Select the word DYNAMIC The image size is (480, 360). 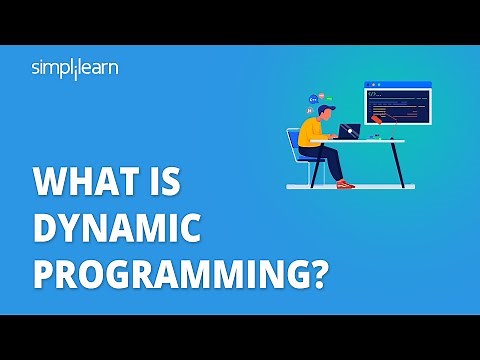tap(116, 231)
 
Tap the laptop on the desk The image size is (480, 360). tap(349, 132)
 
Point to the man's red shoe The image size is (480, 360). tap(345, 185)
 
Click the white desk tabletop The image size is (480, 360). tap(370, 141)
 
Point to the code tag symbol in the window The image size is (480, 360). tap(373, 95)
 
